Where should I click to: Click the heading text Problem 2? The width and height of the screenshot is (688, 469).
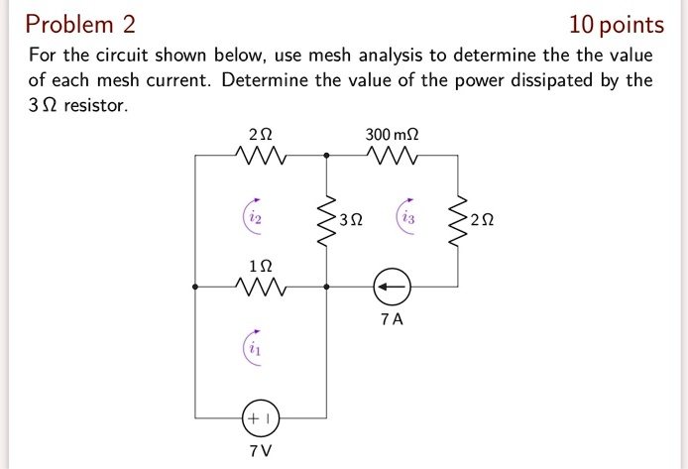(x=81, y=24)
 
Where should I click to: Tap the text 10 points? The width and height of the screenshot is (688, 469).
(x=617, y=24)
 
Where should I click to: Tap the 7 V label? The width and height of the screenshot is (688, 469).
(x=260, y=452)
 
